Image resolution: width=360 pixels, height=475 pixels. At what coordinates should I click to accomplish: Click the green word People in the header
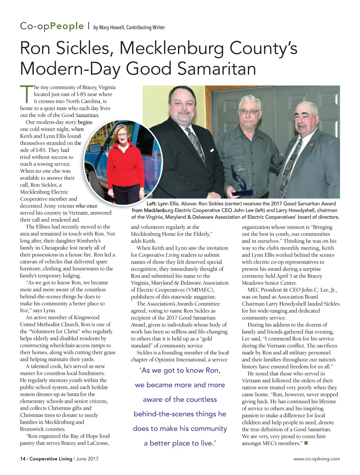click(67, 26)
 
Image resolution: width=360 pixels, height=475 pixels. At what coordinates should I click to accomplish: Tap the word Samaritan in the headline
click(217, 68)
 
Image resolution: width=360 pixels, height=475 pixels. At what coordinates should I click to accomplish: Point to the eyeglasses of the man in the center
click(249, 112)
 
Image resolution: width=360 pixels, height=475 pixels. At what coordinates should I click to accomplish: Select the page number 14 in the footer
click(22, 459)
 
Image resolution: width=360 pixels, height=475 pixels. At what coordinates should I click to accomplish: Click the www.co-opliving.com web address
click(316, 459)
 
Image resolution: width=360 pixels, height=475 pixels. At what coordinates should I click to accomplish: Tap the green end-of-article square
click(306, 443)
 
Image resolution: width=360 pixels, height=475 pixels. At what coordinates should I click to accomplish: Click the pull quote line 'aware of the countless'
click(180, 399)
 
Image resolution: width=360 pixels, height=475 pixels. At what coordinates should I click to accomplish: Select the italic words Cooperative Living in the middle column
click(159, 255)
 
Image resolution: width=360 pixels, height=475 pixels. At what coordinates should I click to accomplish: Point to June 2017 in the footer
click(87, 459)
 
